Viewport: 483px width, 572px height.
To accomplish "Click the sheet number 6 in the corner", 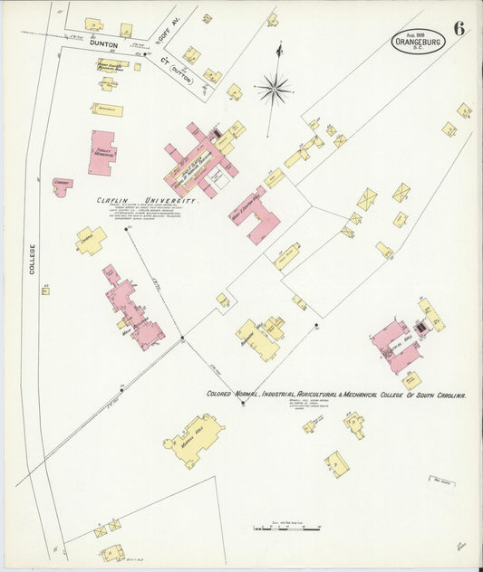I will [x=460, y=27].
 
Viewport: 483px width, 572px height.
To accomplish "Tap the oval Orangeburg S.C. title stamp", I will [x=419, y=42].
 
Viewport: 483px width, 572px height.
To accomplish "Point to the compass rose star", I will [x=273, y=89].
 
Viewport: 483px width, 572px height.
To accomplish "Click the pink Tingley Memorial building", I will [x=102, y=151].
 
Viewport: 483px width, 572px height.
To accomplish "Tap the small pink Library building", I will [x=62, y=186].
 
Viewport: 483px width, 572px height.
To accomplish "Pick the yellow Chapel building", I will [x=91, y=240].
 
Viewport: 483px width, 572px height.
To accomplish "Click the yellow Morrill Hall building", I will [x=194, y=439].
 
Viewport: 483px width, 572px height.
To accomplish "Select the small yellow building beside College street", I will [x=45, y=291].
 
